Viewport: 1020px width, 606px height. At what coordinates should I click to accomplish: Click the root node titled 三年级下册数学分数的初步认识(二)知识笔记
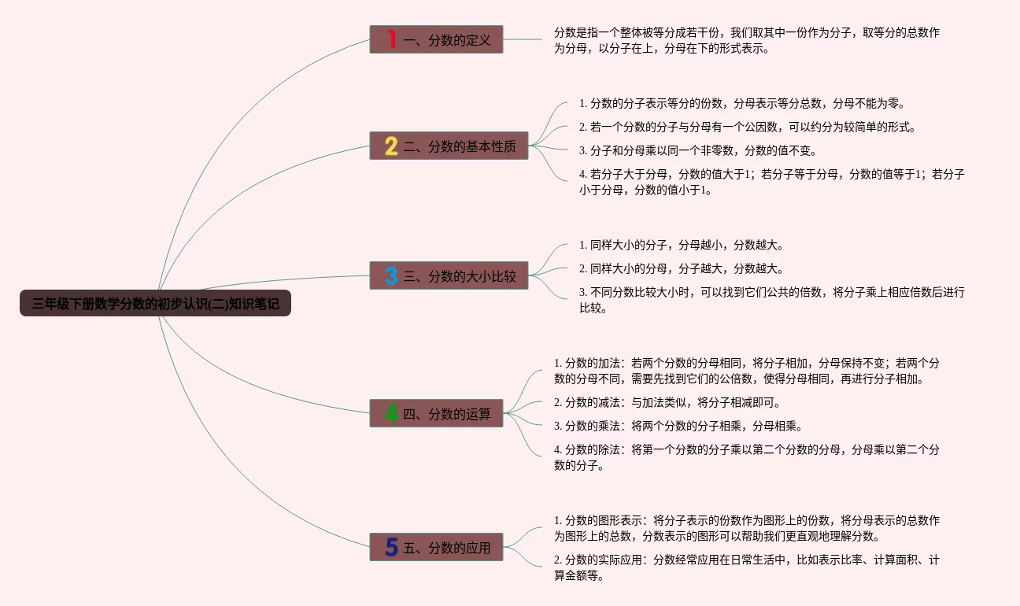(155, 303)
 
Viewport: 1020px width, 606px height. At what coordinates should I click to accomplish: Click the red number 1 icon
(391, 39)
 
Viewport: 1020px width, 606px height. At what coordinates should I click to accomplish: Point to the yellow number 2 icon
(391, 146)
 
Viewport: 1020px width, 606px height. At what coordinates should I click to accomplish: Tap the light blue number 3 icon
(391, 275)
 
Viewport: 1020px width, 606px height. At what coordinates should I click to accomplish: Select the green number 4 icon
(391, 413)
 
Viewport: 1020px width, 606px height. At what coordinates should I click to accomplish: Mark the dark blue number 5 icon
(391, 547)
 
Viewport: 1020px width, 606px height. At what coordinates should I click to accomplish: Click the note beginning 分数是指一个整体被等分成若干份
(746, 40)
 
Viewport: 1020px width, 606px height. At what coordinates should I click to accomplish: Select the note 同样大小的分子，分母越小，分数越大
(682, 245)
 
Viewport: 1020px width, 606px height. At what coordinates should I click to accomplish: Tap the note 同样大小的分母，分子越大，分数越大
(682, 268)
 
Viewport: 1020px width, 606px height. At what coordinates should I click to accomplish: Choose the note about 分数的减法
(667, 402)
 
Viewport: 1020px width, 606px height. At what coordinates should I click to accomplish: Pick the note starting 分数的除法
(746, 457)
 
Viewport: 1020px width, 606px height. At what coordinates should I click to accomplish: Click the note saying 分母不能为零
(741, 103)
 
